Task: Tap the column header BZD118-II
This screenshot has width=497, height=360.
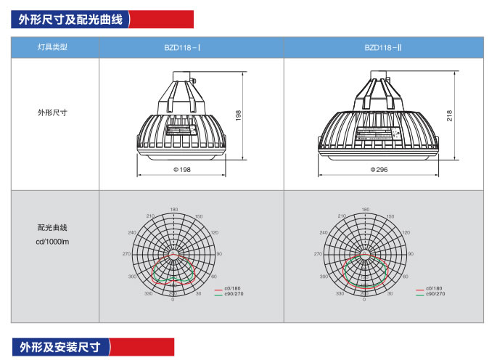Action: point(383,47)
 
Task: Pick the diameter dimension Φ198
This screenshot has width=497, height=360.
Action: point(181,169)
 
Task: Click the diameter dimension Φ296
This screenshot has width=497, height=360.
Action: point(379,169)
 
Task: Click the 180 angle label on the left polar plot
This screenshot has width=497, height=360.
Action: point(173,210)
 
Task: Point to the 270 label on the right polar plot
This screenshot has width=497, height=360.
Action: point(318,254)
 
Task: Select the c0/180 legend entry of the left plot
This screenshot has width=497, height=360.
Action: point(232,289)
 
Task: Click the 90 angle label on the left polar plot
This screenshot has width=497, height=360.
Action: point(218,254)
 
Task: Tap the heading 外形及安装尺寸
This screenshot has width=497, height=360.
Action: point(60,346)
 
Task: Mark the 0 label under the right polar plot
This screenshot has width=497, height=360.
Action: point(367,299)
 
